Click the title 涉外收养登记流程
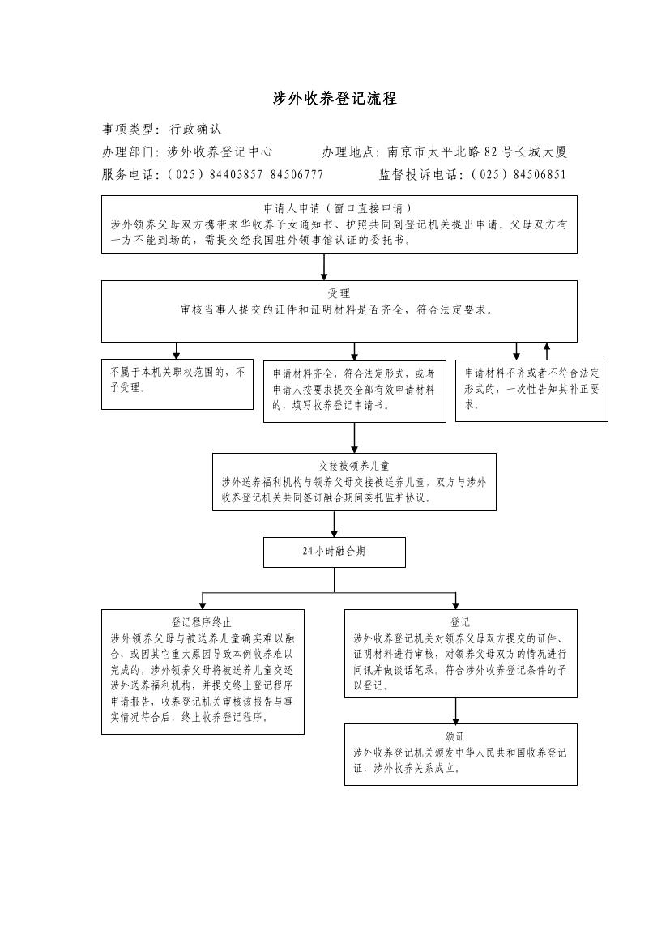point(335,99)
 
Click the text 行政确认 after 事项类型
point(194,129)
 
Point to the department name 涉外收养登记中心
point(220,151)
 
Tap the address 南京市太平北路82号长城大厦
point(476,151)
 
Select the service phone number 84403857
point(236,174)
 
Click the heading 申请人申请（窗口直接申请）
point(339,208)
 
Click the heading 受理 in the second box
point(339,293)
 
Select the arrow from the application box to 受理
point(324,267)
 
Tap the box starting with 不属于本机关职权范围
point(177,384)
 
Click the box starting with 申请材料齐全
point(354,390)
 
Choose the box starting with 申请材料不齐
point(531,390)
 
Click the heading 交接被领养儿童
point(354,466)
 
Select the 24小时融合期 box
point(334,552)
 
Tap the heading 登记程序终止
point(202,622)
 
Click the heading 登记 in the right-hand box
point(460,622)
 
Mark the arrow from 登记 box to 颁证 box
point(455,710)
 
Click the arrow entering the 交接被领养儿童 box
point(354,437)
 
